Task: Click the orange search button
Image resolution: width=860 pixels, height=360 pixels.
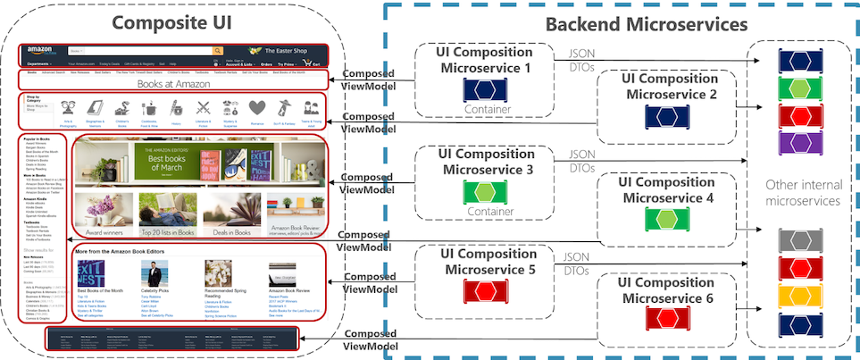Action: pyautogui.click(x=217, y=52)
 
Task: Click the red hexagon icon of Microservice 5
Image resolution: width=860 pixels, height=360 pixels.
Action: pyautogui.click(x=483, y=292)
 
